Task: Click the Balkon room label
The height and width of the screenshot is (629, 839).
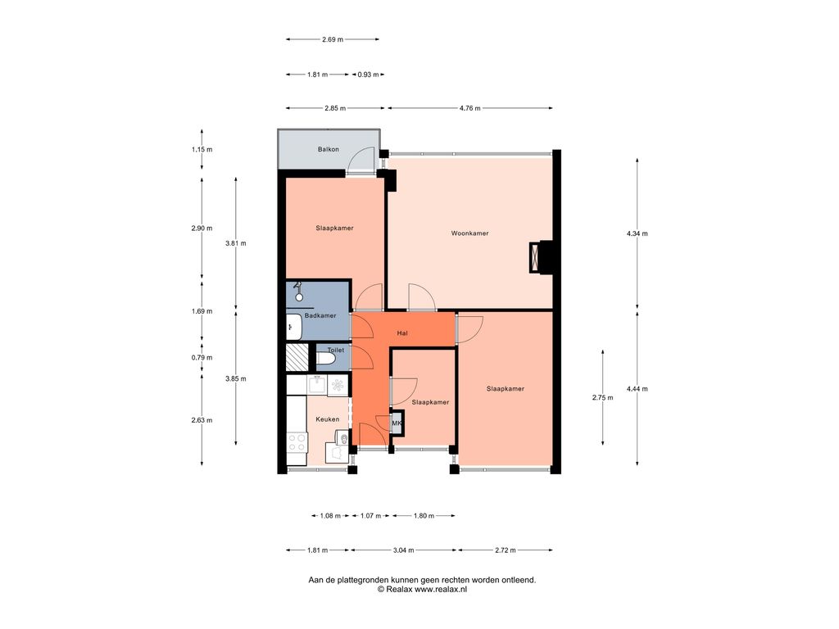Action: click(328, 149)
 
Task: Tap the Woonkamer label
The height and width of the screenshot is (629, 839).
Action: click(469, 233)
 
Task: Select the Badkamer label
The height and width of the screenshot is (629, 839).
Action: click(320, 315)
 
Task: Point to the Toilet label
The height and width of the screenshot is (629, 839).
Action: click(336, 351)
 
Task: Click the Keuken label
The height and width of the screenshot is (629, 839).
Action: click(328, 419)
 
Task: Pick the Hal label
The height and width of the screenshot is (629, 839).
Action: click(402, 333)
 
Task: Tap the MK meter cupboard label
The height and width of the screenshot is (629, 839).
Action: click(397, 423)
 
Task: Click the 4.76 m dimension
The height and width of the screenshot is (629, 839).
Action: click(469, 108)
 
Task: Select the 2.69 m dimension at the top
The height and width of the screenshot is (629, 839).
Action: click(333, 39)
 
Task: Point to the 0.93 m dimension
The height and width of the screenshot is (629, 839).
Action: click(368, 75)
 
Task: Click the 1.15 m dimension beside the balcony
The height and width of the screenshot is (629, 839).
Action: click(202, 150)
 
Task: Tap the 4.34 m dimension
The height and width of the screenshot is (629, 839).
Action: click(637, 233)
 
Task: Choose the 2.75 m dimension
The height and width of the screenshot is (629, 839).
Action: click(602, 397)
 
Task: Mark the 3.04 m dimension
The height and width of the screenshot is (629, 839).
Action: click(403, 550)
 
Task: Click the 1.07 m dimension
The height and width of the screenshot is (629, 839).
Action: click(371, 516)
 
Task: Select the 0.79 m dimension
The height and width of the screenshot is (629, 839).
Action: click(202, 358)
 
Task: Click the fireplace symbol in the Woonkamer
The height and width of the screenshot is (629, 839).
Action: click(535, 257)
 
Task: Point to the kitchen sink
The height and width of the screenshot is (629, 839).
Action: click(317, 384)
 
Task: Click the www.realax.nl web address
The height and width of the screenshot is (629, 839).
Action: click(441, 589)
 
